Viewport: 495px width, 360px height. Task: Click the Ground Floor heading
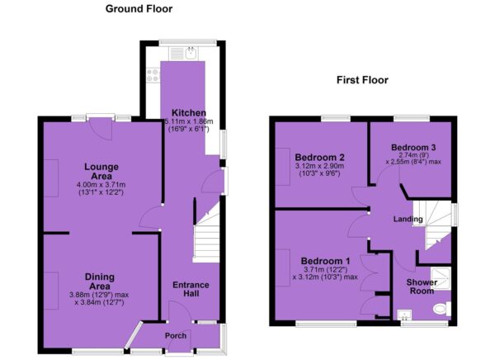[139, 8]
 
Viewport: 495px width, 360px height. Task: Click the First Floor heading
[362, 80]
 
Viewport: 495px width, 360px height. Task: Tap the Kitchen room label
[189, 113]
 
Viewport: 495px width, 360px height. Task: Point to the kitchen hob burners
[153, 75]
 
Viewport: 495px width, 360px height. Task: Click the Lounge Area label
[101, 171]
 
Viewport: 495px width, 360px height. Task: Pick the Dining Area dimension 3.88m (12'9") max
[99, 295]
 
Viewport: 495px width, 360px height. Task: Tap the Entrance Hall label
[191, 289]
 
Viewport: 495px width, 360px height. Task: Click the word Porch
[176, 336]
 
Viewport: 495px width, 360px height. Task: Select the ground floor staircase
[207, 234]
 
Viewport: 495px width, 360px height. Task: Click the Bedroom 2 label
[319, 157]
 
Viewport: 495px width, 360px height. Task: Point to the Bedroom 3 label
[413, 147]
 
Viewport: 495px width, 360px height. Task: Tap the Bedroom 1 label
[325, 261]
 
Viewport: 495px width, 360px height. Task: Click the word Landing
[408, 219]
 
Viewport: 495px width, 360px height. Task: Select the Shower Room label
[422, 287]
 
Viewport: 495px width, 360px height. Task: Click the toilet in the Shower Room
[442, 308]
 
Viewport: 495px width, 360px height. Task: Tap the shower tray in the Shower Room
[441, 279]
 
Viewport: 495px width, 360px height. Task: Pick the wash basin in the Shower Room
[404, 315]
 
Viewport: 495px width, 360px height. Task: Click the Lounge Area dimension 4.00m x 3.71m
[101, 185]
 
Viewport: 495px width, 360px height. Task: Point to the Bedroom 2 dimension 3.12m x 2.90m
[319, 166]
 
